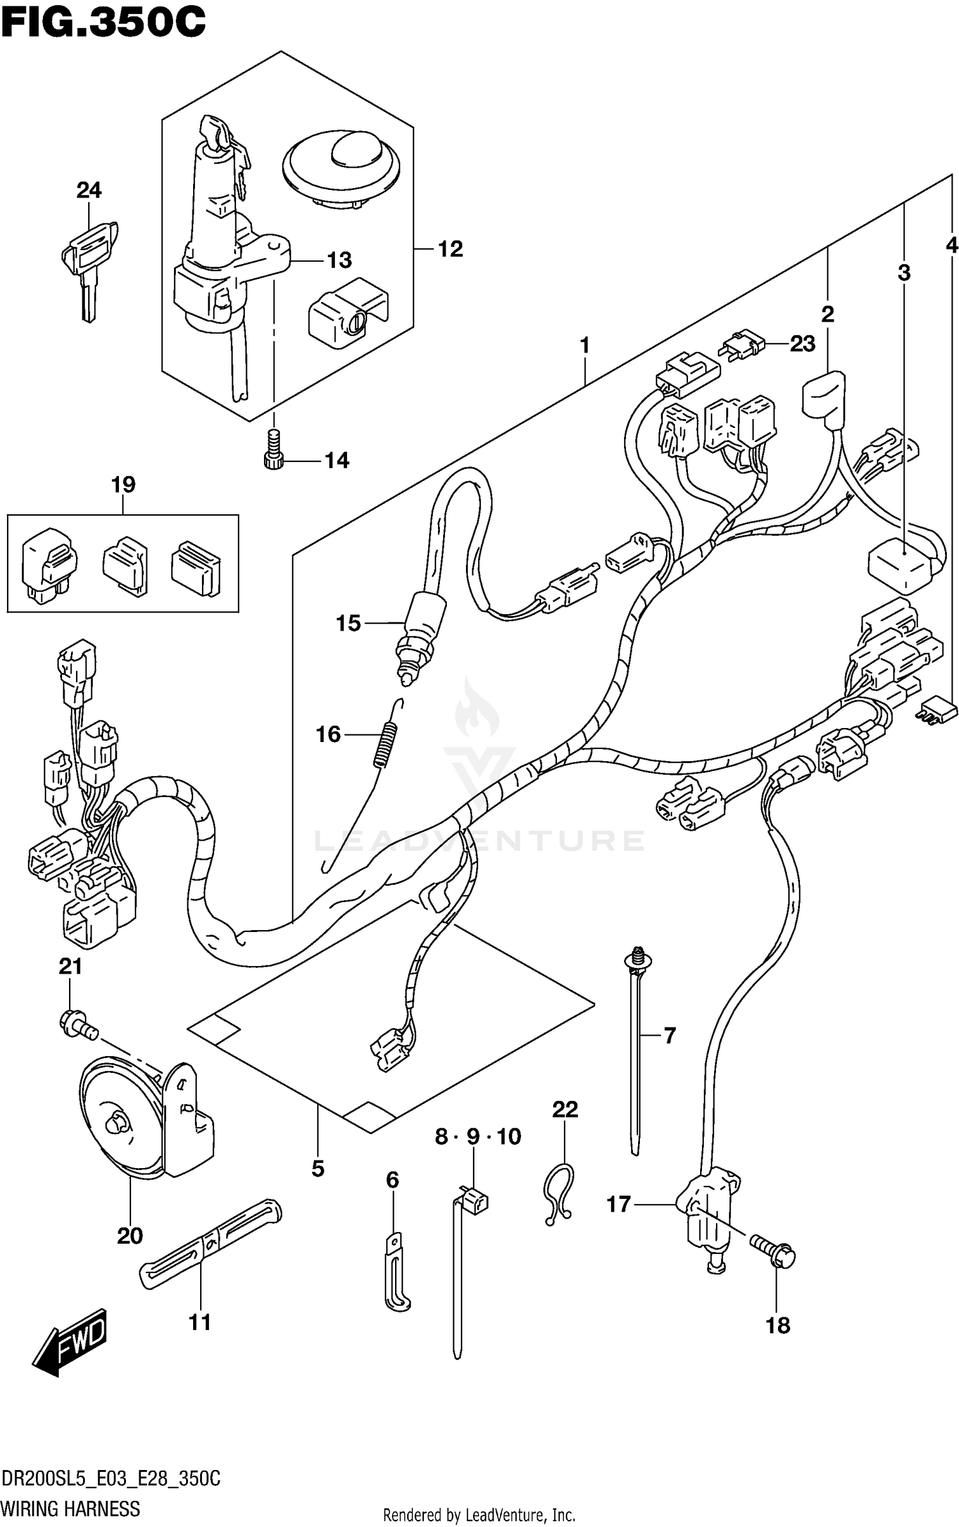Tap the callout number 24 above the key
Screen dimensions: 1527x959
coord(89,190)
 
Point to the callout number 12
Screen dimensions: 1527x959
coord(450,249)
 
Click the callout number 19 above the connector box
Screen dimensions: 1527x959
coord(123,485)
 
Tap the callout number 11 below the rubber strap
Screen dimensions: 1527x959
coord(199,1322)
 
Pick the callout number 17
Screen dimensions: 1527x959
coord(618,1205)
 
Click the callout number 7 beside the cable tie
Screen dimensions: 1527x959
coord(669,1034)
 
